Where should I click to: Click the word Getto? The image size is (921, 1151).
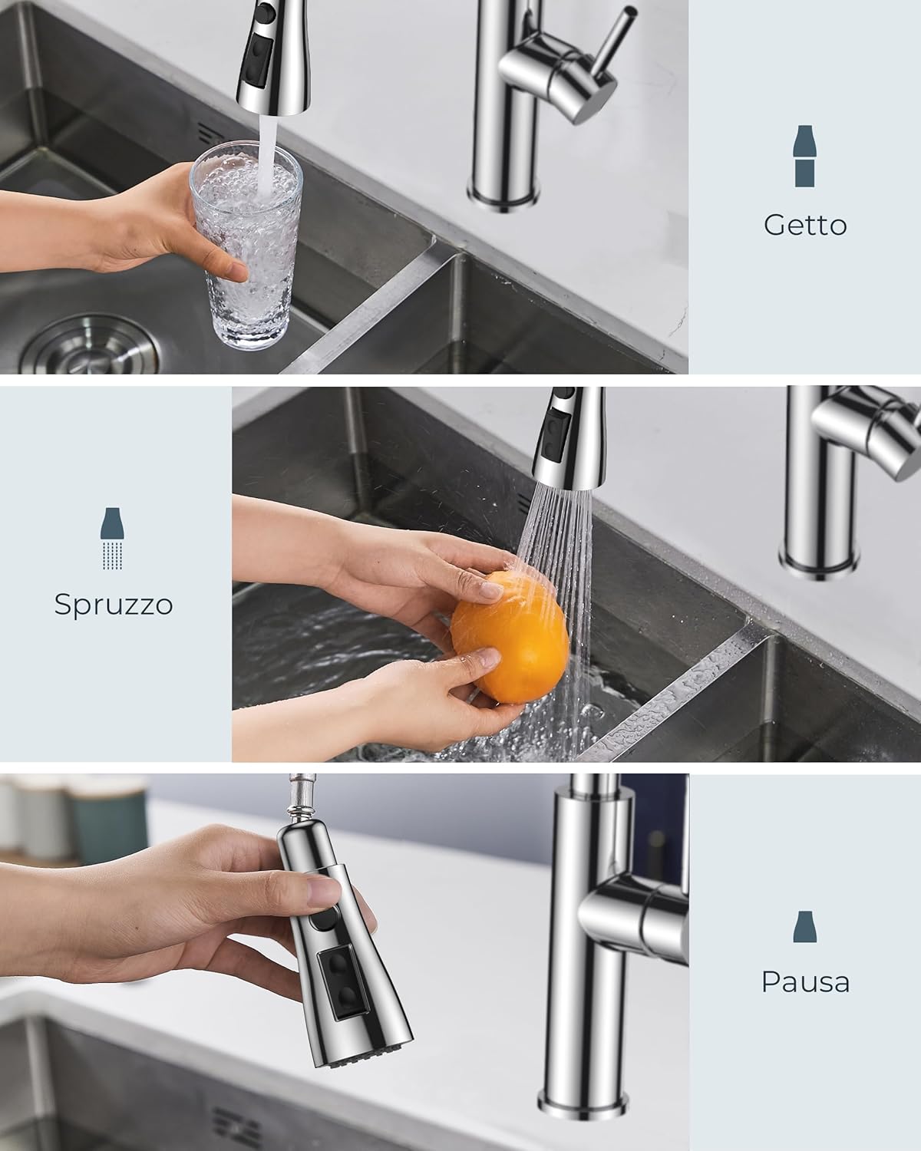coord(805,225)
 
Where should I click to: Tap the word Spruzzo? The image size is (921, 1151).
coord(114,605)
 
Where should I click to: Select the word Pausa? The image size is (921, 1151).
coord(805,982)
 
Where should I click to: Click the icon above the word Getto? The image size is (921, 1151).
coord(805,156)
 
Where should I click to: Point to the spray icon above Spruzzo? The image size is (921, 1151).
coord(114,538)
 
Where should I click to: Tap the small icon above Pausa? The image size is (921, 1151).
coord(804,926)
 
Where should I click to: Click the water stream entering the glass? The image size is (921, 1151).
coord(266,146)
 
